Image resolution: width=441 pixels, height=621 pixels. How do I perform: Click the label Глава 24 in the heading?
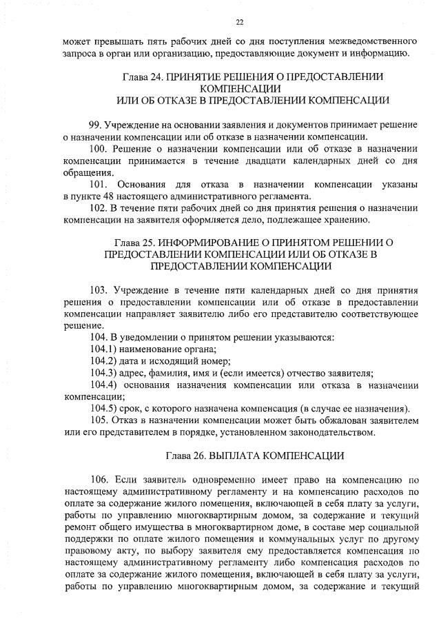[x=141, y=77]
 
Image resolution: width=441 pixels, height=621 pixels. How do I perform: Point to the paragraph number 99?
[x=96, y=124]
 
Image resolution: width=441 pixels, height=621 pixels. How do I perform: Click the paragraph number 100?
[x=99, y=149]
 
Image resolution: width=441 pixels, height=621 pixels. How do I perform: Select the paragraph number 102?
[x=99, y=208]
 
